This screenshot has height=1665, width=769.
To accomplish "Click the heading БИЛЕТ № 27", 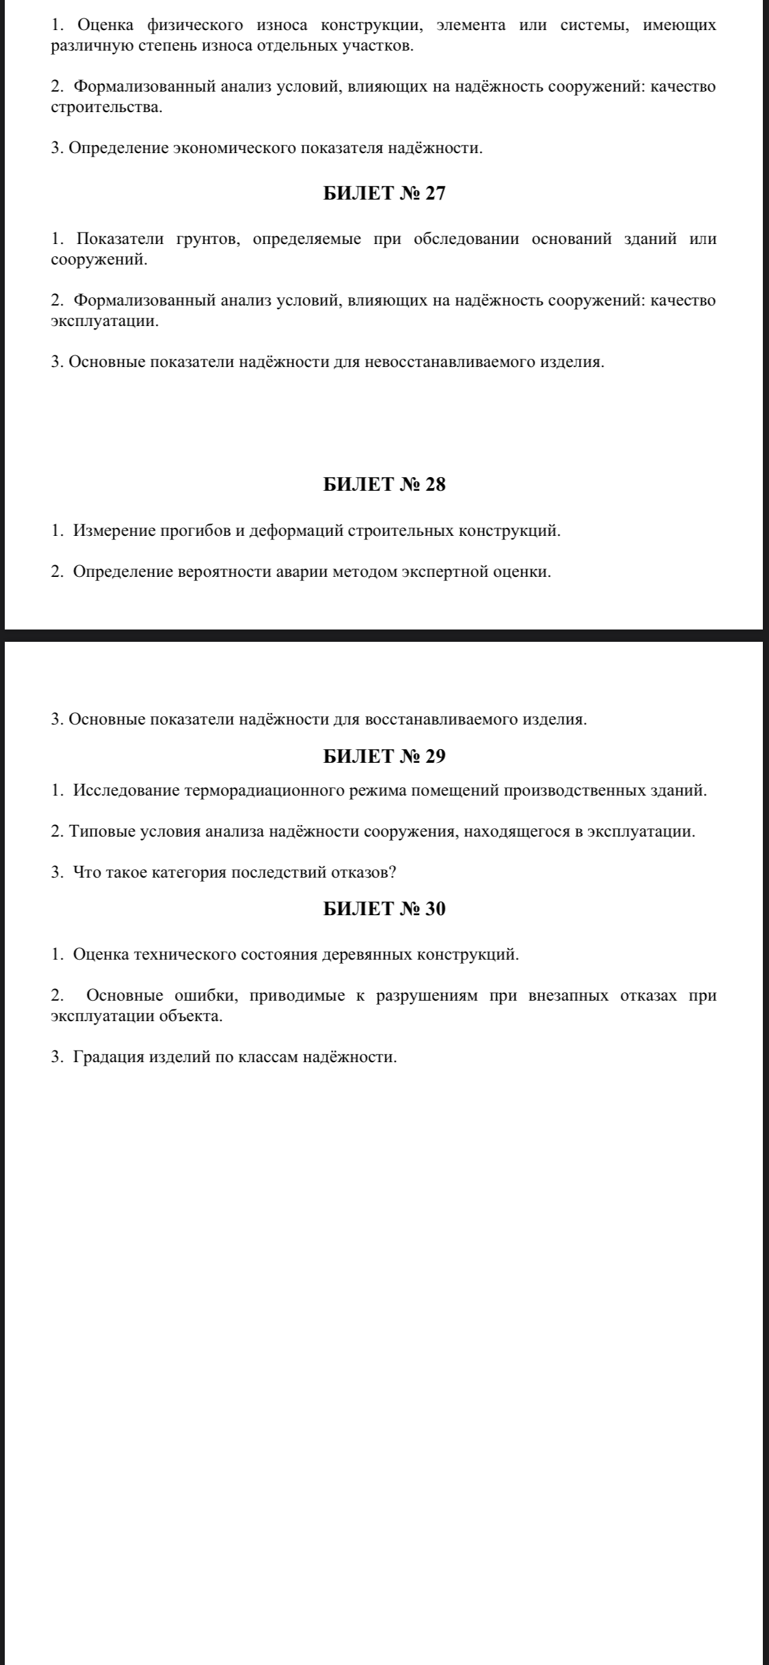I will pos(383,194).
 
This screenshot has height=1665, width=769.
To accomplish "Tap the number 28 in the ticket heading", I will pos(435,485).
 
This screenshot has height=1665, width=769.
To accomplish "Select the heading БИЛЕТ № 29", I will pos(383,757).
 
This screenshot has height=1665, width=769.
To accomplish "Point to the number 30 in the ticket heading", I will pos(435,909).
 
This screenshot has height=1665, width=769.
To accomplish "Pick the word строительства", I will pos(106,108).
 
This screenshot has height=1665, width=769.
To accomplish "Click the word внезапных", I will pos(567,995).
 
